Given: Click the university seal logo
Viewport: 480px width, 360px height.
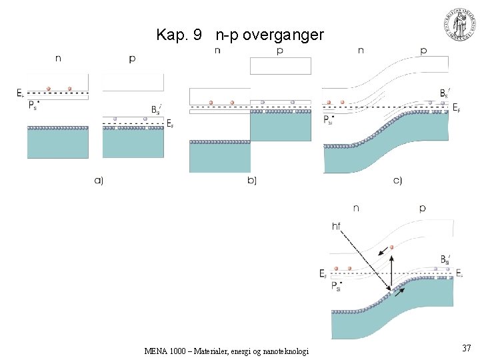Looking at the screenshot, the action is point(459,25).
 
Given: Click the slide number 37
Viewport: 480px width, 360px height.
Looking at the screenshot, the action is point(466,347).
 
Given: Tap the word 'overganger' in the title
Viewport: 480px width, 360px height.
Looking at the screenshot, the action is point(283,34).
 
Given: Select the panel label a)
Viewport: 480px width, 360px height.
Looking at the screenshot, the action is point(98,180).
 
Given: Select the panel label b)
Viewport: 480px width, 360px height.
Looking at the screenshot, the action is point(251,180).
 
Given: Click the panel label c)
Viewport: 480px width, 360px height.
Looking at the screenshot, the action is point(397,180).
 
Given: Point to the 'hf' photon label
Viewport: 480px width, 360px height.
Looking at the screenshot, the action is point(336,227).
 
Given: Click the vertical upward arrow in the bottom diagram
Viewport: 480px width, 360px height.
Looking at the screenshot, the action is point(391,273).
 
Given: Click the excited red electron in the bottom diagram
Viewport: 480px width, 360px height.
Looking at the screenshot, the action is point(392,247).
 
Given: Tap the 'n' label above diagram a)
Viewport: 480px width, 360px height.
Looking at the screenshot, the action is point(58,59).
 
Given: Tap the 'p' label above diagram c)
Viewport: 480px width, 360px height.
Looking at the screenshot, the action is point(424,51).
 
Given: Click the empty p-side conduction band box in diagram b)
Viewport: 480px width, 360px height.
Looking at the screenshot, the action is point(281,66).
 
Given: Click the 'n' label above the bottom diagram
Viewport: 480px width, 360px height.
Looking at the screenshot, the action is point(356,209).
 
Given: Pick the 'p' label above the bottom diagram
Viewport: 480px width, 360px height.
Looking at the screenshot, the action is point(423,209).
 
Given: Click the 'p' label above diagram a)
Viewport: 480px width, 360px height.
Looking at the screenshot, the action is point(132,59).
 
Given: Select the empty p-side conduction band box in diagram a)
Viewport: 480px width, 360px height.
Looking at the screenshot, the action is point(133,82).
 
